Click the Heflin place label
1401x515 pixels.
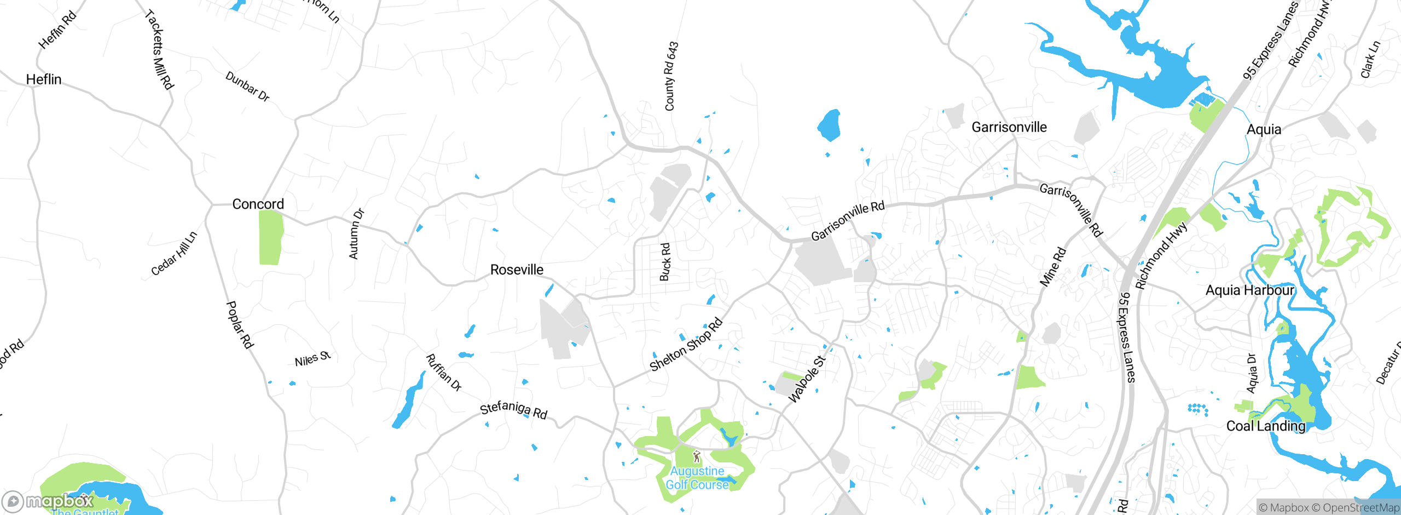(x=44, y=79)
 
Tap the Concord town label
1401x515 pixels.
(x=258, y=204)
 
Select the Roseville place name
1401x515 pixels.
(x=517, y=270)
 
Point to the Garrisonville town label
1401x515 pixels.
(x=1009, y=127)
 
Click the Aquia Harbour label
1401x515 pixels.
(x=1249, y=290)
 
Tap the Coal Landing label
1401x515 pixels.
(x=1265, y=426)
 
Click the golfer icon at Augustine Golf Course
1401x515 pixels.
(x=696, y=456)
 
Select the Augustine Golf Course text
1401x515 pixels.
(x=697, y=478)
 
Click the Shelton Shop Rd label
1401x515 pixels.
(x=686, y=345)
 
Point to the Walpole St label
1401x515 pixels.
(x=806, y=379)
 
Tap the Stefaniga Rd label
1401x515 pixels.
(x=513, y=409)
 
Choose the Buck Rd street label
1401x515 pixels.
(x=665, y=262)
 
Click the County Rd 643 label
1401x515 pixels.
(x=671, y=76)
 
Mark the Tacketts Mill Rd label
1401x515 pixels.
(x=159, y=49)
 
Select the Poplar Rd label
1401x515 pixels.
(x=240, y=324)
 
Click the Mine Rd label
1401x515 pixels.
(x=1052, y=267)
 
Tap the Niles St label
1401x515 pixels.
(x=312, y=359)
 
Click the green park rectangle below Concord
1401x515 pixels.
(x=270, y=237)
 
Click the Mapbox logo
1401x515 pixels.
(x=48, y=501)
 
